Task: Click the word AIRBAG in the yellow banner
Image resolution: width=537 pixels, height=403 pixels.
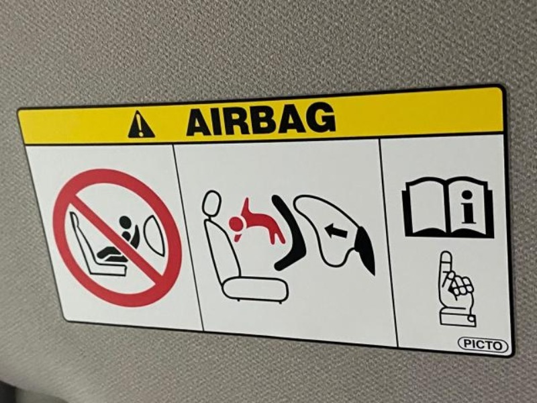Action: (260, 120)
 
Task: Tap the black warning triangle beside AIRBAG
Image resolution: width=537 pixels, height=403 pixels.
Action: (141, 125)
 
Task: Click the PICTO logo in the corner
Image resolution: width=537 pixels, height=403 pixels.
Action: (483, 345)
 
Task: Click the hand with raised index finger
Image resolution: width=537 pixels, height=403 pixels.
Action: (456, 289)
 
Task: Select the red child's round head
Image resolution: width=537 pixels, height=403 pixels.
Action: (236, 224)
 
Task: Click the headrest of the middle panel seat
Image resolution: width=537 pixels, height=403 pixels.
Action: (211, 204)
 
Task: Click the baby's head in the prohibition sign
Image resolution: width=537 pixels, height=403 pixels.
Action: (126, 222)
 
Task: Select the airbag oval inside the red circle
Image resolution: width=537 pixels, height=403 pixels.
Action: (156, 236)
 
